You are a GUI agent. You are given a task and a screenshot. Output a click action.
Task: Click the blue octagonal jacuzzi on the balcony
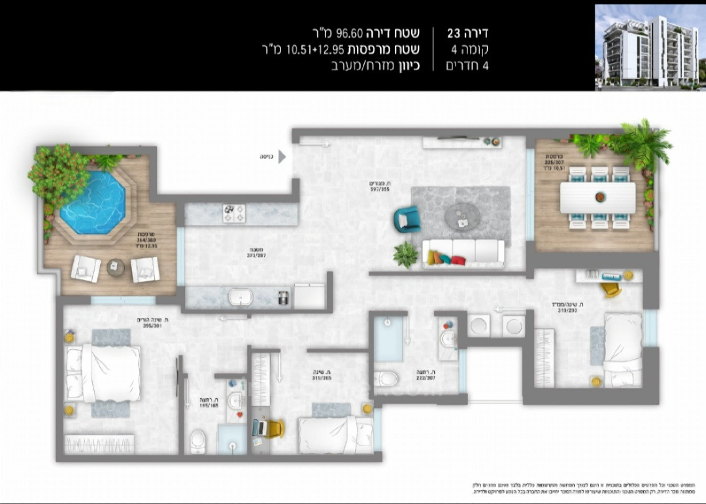[x=92, y=202]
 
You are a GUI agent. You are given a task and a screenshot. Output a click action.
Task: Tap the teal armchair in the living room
[x=407, y=218]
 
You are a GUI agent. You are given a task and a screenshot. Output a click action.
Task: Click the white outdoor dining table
[x=597, y=196]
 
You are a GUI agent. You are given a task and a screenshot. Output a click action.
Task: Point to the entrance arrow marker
[x=282, y=156]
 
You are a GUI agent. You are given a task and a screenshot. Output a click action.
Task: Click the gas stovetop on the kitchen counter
[x=234, y=212]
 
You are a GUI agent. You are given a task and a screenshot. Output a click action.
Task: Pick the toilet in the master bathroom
[x=197, y=442]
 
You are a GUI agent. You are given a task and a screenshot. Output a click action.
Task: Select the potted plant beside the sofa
[x=406, y=254]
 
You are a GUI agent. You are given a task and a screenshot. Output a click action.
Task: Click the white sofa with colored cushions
[x=464, y=252]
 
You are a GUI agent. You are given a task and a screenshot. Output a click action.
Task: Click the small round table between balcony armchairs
[x=116, y=266]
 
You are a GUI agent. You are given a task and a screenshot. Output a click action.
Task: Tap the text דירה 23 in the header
[x=467, y=33]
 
